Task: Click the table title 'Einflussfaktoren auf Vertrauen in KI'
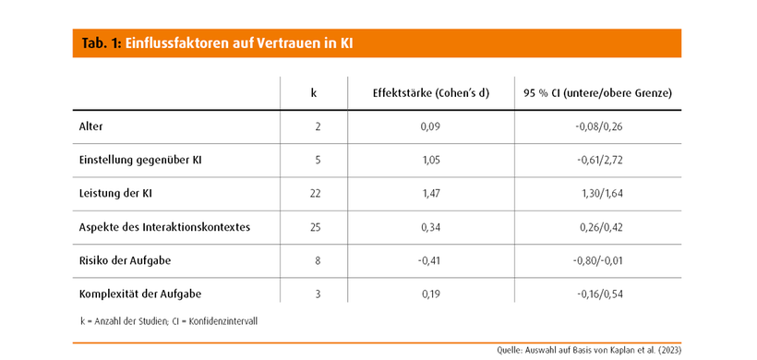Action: point(239,43)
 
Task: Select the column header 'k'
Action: point(314,93)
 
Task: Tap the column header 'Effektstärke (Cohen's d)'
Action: point(431,93)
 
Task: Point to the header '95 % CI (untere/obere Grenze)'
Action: point(597,93)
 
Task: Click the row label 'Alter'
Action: point(90,126)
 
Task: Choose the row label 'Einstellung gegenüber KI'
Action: point(140,161)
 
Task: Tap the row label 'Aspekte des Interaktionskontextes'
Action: point(164,227)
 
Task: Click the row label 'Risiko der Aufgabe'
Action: point(125,260)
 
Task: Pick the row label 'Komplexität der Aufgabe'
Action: point(140,294)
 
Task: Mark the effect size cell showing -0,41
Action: point(429,261)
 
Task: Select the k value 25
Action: point(315,227)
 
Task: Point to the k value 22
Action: point(315,194)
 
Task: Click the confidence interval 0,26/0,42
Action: point(602,227)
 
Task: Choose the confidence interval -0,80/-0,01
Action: point(597,261)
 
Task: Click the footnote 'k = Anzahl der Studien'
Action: point(125,321)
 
